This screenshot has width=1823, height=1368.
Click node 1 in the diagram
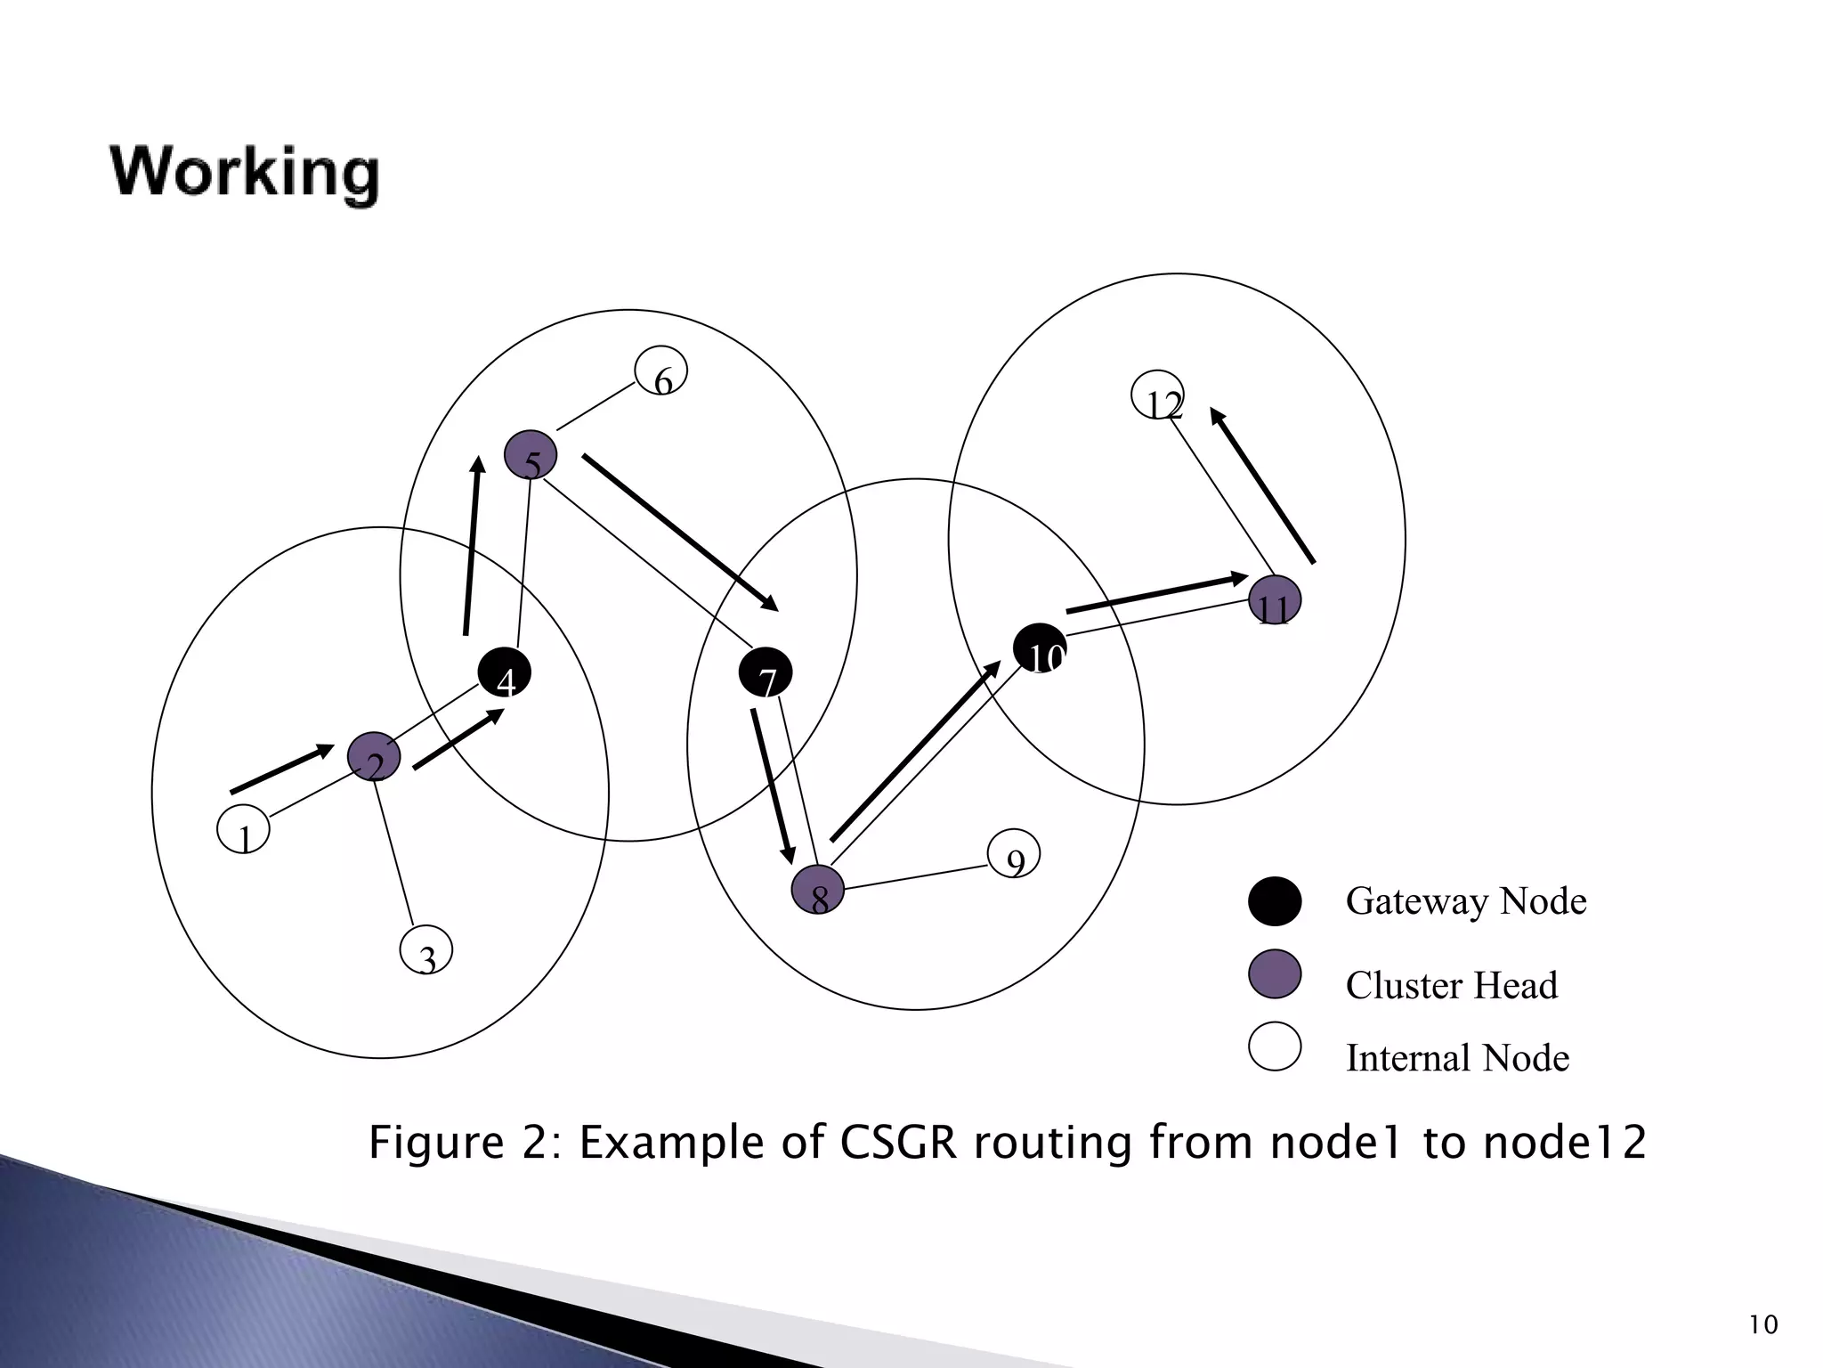coord(243,830)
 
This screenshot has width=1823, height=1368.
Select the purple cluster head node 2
coord(374,757)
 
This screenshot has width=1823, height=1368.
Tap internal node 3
coord(426,950)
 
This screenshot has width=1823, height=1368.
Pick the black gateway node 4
coord(505,673)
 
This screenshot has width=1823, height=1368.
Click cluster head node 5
coord(531,455)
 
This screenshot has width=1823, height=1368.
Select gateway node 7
coord(766,673)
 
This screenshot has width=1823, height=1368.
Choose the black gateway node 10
coord(1040,650)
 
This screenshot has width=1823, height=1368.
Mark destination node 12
coord(1157,395)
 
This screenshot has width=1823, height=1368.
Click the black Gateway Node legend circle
coord(1275,901)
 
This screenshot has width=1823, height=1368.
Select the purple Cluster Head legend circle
coord(1275,974)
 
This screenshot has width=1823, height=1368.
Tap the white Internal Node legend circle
coord(1275,1046)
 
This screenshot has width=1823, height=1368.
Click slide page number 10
coord(1762,1325)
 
